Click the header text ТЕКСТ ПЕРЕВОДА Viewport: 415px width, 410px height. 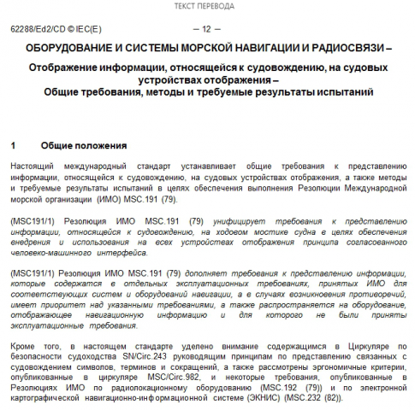coord(207,6)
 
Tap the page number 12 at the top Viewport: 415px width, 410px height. coord(207,29)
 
